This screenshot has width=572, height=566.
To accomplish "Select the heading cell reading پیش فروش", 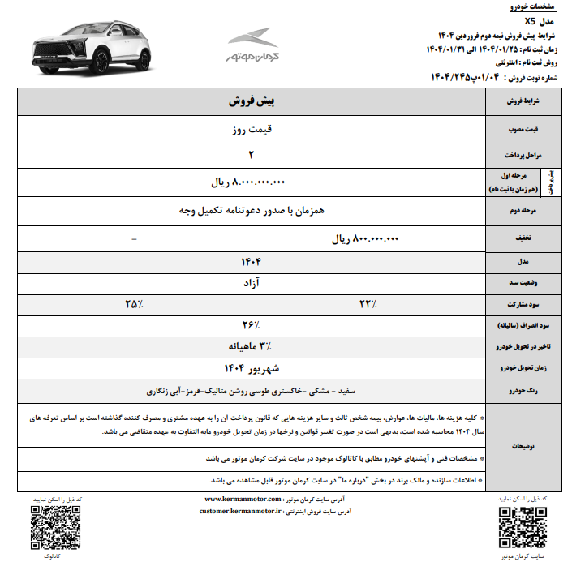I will (x=251, y=103).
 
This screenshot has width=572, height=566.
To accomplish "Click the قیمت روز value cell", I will (x=251, y=128).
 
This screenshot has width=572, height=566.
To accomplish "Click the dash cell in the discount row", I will (x=134, y=239).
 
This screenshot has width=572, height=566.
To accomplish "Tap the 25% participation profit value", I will (x=133, y=304).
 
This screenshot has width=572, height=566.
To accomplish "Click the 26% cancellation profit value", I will (x=251, y=325).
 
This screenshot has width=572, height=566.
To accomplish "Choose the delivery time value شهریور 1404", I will (x=251, y=367).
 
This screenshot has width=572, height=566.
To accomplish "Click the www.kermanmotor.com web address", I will (x=242, y=500).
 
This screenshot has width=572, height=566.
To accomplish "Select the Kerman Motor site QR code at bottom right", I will (x=516, y=525).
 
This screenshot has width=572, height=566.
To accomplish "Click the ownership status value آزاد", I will (x=251, y=283).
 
